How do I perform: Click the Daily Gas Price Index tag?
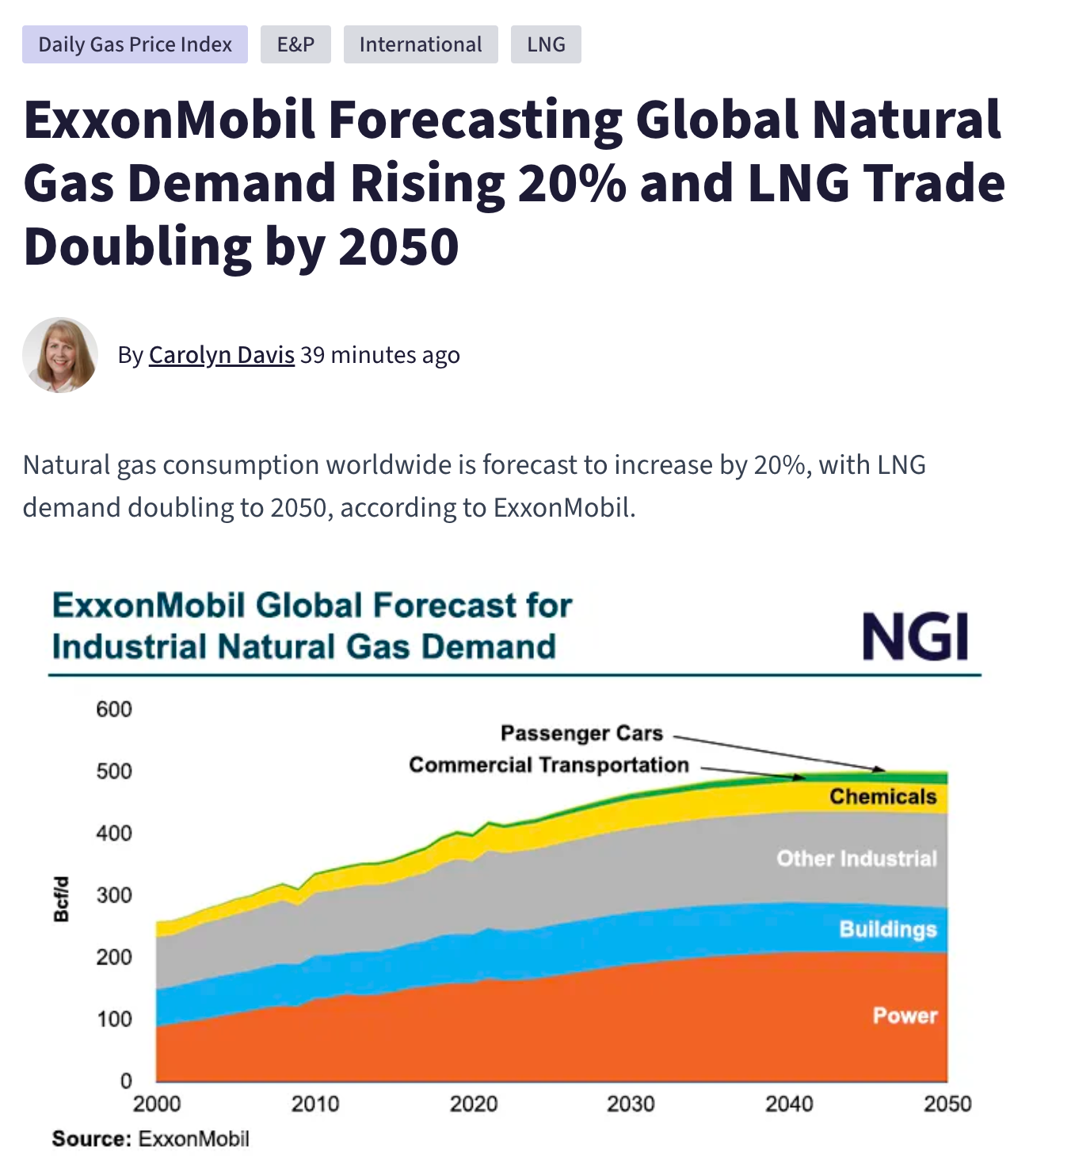pyautogui.click(x=135, y=44)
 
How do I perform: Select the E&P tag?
pyautogui.click(x=295, y=44)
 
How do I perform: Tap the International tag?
pyautogui.click(x=421, y=44)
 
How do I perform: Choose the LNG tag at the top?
pyautogui.click(x=546, y=44)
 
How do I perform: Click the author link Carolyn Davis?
pyautogui.click(x=221, y=355)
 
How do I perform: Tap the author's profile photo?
pyautogui.click(x=60, y=355)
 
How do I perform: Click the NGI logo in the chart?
pyautogui.click(x=915, y=636)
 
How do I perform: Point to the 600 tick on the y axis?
pyautogui.click(x=114, y=709)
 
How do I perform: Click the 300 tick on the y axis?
pyautogui.click(x=114, y=895)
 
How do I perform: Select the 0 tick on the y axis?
pyautogui.click(x=126, y=1081)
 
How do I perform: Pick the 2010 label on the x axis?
pyautogui.click(x=314, y=1104)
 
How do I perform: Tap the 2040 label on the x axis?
pyautogui.click(x=789, y=1104)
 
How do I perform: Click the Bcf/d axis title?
pyautogui.click(x=61, y=899)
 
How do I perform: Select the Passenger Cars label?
pyautogui.click(x=581, y=734)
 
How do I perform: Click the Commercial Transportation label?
pyautogui.click(x=549, y=765)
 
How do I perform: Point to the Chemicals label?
pyautogui.click(x=882, y=796)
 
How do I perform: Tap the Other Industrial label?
pyautogui.click(x=856, y=858)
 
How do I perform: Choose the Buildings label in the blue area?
pyautogui.click(x=887, y=929)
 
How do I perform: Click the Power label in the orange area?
pyautogui.click(x=905, y=1016)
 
